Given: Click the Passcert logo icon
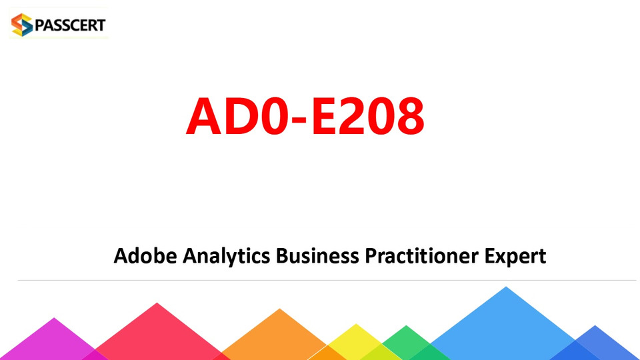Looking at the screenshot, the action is (x=21, y=25).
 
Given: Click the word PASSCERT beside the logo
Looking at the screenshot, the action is (x=70, y=25).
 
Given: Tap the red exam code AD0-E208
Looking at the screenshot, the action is (x=305, y=115).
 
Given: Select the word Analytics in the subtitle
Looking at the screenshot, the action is (x=226, y=257).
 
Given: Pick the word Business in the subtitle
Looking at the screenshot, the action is (x=317, y=256).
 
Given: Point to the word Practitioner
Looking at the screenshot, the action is (x=421, y=256).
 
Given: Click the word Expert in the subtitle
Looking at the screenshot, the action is (x=515, y=257).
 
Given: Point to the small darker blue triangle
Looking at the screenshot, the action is (x=595, y=345).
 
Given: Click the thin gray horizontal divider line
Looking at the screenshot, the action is (x=327, y=281).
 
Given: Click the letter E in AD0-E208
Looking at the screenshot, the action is (x=324, y=115).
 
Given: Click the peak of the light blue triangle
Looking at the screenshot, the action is (x=506, y=287).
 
